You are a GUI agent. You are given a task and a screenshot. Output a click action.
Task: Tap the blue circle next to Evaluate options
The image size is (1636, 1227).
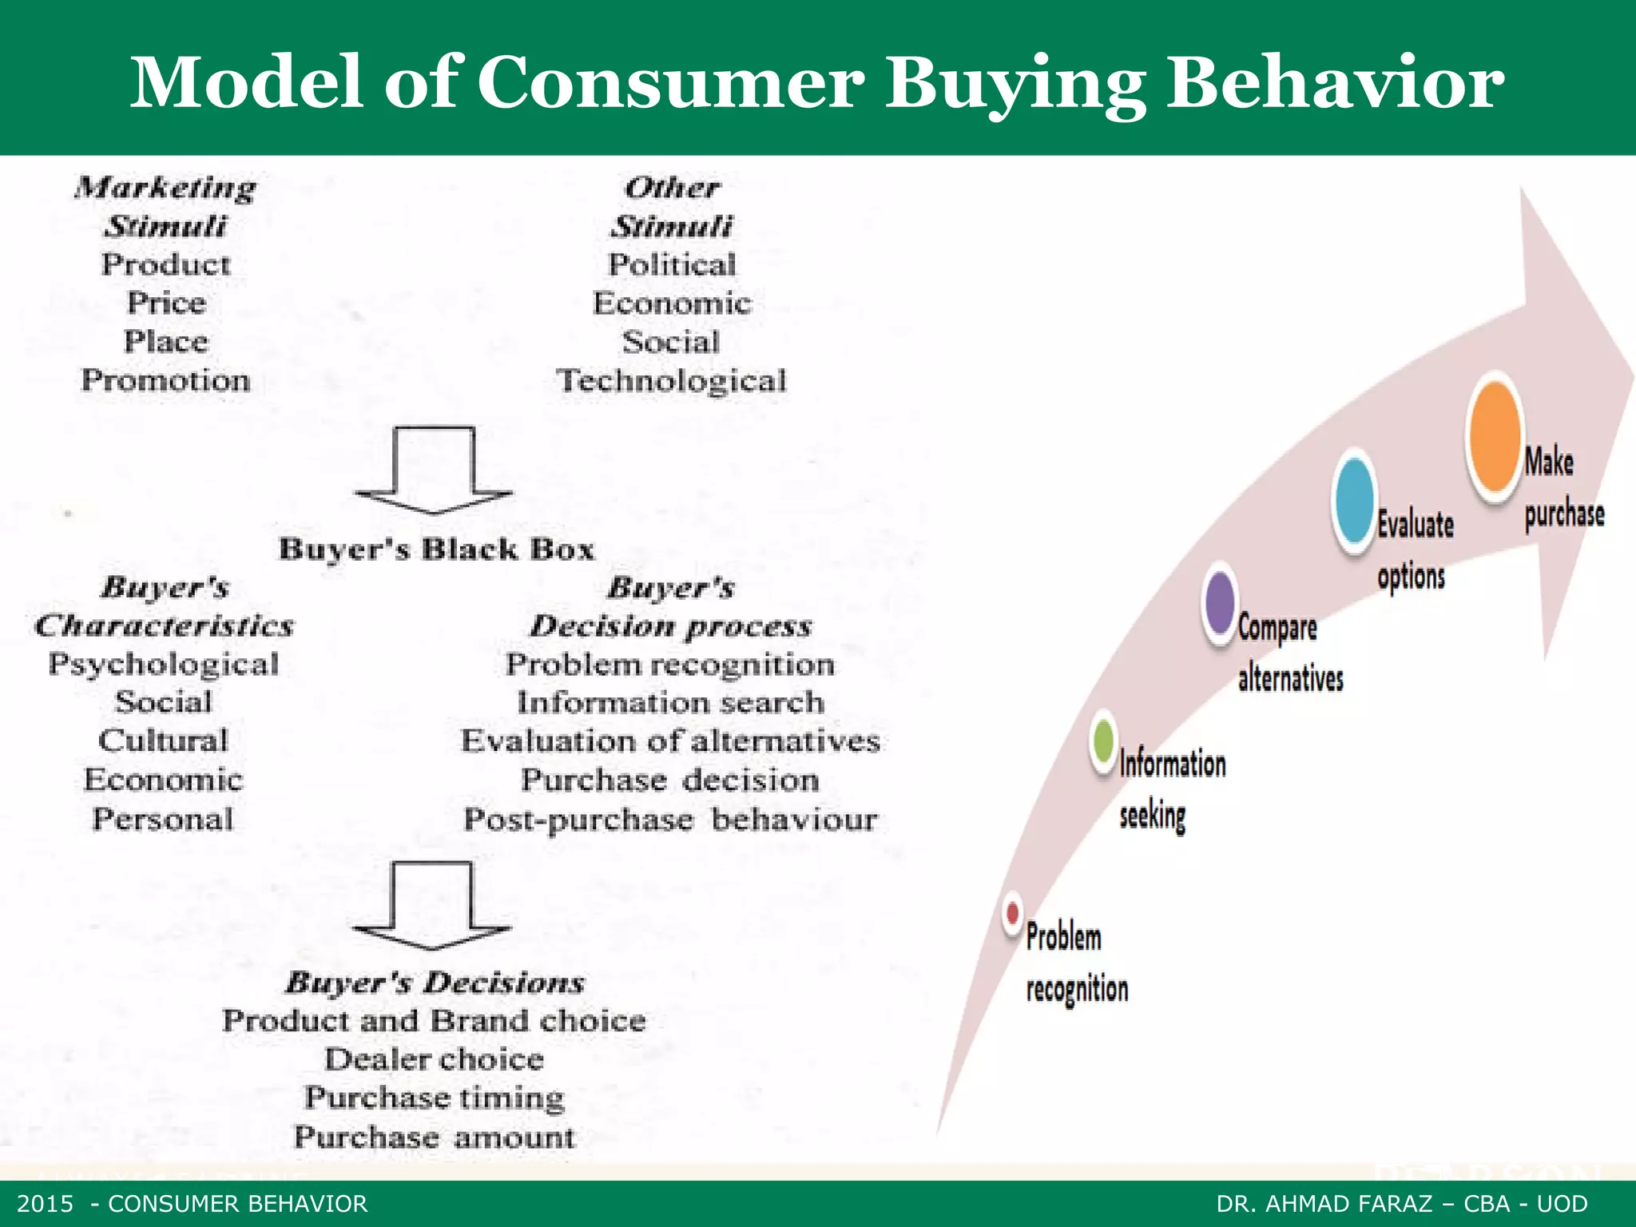pyautogui.click(x=1354, y=500)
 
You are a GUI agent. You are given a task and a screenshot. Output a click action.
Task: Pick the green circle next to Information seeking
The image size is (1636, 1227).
pyautogui.click(x=1103, y=741)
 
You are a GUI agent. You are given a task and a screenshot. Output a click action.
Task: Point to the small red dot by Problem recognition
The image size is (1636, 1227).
pyautogui.click(x=1013, y=912)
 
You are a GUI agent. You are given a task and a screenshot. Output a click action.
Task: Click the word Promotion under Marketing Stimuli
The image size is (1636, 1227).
pyautogui.click(x=166, y=380)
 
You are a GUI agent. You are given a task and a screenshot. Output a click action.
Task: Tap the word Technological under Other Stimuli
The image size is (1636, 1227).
pyautogui.click(x=672, y=380)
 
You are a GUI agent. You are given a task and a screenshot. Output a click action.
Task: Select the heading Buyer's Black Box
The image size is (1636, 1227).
pyautogui.click(x=436, y=550)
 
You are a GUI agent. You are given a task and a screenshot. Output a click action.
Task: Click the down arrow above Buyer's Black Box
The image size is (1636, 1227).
pyautogui.click(x=434, y=470)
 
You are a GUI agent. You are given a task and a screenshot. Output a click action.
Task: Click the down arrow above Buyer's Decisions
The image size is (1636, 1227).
pyautogui.click(x=432, y=906)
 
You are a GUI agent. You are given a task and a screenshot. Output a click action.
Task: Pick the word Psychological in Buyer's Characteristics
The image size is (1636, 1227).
pyautogui.click(x=164, y=664)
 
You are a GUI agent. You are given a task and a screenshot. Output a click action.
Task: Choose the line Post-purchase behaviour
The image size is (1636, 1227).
pyautogui.click(x=670, y=820)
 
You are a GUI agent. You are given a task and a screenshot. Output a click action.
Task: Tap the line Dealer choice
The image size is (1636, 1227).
pyautogui.click(x=434, y=1059)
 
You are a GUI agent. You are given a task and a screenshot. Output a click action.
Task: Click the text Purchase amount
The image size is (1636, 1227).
pyautogui.click(x=434, y=1137)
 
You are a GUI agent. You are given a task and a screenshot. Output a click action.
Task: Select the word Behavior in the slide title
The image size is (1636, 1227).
pyautogui.click(x=1335, y=82)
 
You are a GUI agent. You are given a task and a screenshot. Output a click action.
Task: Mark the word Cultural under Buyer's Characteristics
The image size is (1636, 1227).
pyautogui.click(x=163, y=741)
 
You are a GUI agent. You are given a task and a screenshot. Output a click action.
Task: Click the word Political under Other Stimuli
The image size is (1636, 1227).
pyautogui.click(x=672, y=264)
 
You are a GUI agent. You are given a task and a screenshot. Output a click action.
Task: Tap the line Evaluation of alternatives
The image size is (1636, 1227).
pyautogui.click(x=670, y=741)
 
